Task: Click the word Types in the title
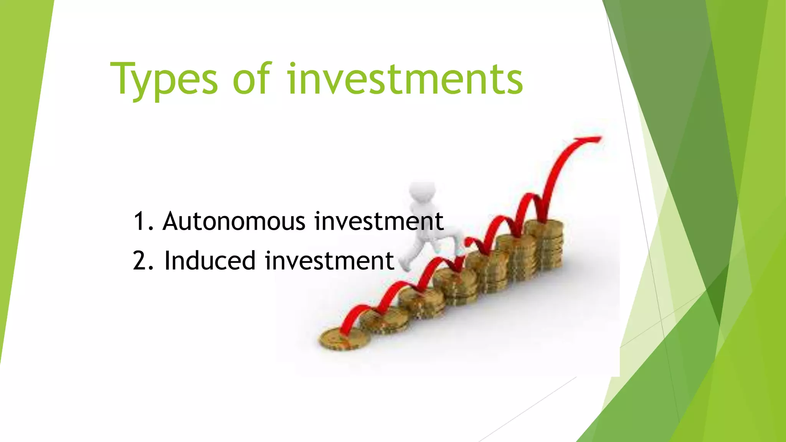[x=164, y=79]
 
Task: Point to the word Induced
[x=210, y=261]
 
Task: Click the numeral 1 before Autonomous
[x=139, y=221]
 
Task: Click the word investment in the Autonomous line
[x=379, y=221]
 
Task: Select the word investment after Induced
[x=329, y=261]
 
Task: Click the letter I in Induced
[x=168, y=261]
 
